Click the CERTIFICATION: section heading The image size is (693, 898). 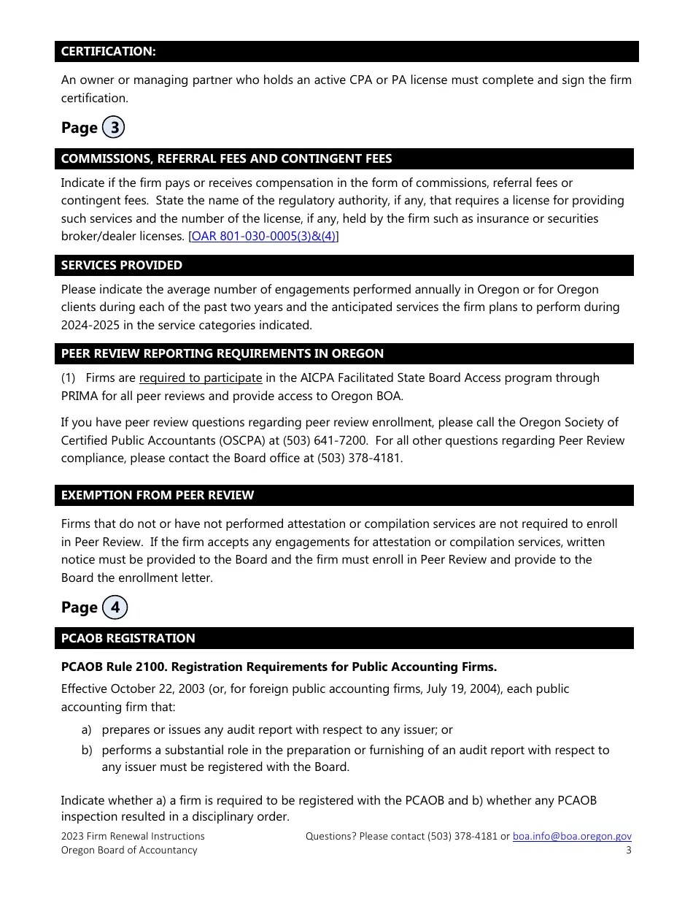(x=108, y=52)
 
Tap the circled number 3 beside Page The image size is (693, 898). (x=114, y=128)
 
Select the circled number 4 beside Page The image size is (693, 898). (x=115, y=607)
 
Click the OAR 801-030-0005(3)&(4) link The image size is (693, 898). (x=263, y=237)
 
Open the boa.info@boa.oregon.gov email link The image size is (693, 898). (x=572, y=837)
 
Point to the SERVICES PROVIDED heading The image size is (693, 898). (x=121, y=265)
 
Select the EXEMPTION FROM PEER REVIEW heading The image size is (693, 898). (x=158, y=495)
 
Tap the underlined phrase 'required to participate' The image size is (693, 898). (x=201, y=378)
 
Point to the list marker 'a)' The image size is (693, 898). (x=86, y=730)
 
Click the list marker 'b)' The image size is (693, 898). (x=86, y=751)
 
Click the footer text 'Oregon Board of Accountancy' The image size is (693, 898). (x=129, y=851)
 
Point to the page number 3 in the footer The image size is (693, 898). (x=628, y=851)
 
